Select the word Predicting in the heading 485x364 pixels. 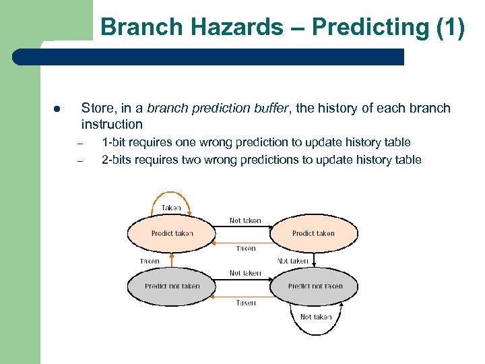(x=366, y=27)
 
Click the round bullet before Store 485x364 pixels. (x=58, y=109)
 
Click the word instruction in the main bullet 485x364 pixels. (x=112, y=124)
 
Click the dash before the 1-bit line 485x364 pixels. (x=79, y=143)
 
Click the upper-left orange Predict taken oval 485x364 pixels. (x=172, y=233)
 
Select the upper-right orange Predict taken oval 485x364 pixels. (x=313, y=233)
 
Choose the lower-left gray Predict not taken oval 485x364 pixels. (x=172, y=286)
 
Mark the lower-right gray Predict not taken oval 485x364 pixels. (x=315, y=286)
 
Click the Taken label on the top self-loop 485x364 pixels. (x=171, y=208)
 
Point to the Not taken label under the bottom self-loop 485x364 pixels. (x=315, y=317)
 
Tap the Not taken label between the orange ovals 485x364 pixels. (x=245, y=220)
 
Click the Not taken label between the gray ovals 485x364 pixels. (x=245, y=273)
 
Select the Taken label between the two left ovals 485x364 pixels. (x=150, y=261)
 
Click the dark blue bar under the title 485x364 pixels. (x=222, y=57)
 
